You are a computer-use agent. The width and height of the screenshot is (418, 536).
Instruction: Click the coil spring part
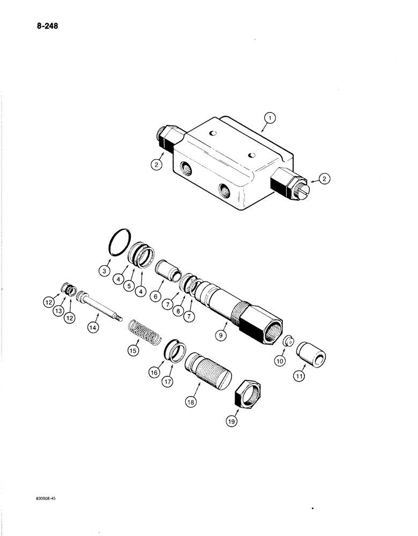(x=146, y=330)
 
